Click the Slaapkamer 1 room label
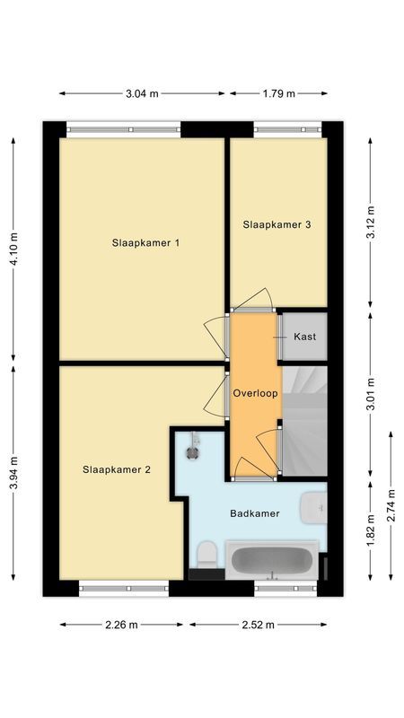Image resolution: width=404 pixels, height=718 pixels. (x=146, y=242)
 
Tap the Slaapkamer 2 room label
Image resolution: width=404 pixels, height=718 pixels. (x=117, y=468)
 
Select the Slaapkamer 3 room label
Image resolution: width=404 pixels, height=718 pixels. (x=277, y=225)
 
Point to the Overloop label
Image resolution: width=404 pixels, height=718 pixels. (x=255, y=393)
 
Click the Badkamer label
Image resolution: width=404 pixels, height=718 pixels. (x=254, y=513)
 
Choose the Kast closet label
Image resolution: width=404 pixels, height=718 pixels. (x=304, y=337)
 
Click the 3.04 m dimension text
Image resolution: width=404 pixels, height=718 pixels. (x=142, y=92)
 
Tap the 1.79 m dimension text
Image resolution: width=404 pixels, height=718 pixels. (x=278, y=92)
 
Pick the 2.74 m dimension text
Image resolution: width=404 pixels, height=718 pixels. (x=391, y=505)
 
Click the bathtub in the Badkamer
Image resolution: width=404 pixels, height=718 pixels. (x=272, y=562)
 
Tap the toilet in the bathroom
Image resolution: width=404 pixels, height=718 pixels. (x=205, y=552)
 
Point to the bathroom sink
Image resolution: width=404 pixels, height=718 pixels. (x=314, y=509)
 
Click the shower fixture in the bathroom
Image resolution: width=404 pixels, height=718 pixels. (x=190, y=446)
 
